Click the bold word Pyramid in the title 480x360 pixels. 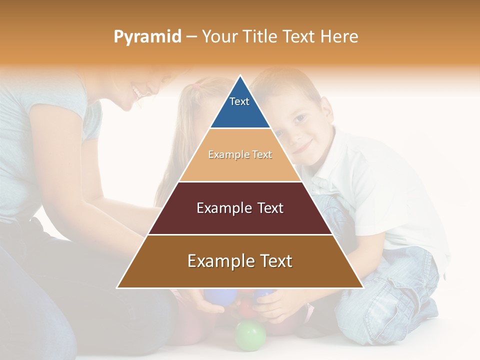pyautogui.click(x=147, y=37)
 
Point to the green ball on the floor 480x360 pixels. pyautogui.click(x=250, y=335)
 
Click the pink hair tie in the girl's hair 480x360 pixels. pyautogui.click(x=196, y=86)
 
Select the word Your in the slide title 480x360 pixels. pyautogui.click(x=219, y=37)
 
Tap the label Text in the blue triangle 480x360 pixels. pyautogui.click(x=239, y=101)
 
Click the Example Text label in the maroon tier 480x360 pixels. pyautogui.click(x=240, y=208)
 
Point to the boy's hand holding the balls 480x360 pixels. pyautogui.click(x=275, y=305)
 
